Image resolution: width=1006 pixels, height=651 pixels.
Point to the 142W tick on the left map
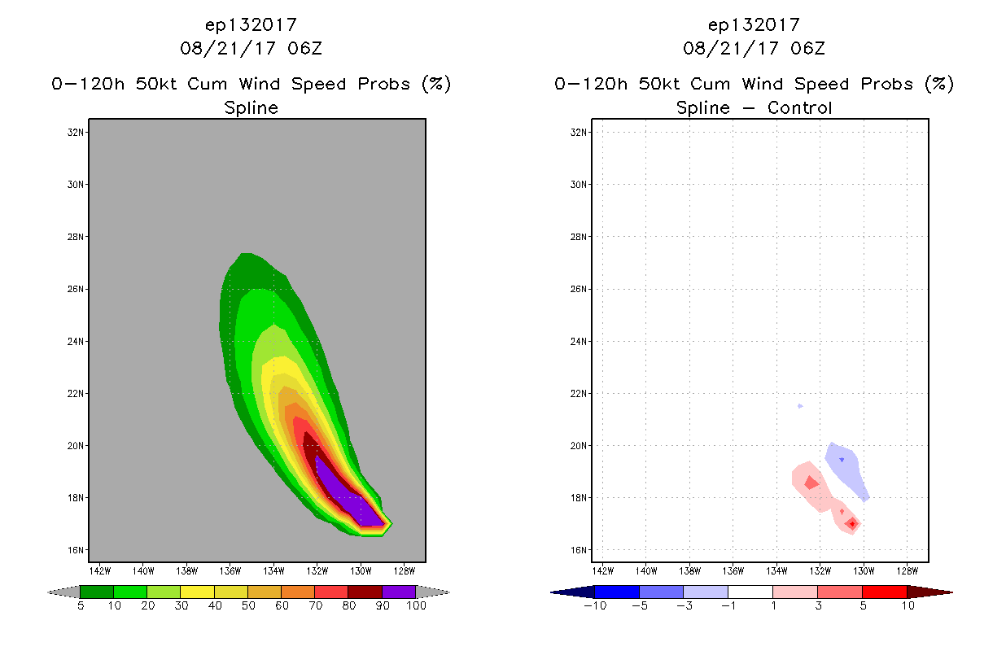(x=100, y=569)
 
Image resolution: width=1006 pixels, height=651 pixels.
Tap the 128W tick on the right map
(x=907, y=569)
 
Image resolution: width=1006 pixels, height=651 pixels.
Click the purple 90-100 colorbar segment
(x=399, y=592)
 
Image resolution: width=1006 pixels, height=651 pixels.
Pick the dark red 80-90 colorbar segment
(x=365, y=592)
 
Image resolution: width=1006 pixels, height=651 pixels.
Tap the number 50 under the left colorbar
(x=247, y=605)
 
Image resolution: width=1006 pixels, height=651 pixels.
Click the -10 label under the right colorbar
(x=594, y=605)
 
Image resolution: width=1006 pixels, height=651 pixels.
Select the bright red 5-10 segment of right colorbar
(x=884, y=592)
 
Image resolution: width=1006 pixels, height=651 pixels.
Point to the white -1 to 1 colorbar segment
(x=750, y=592)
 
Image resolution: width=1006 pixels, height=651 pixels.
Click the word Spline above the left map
(x=251, y=107)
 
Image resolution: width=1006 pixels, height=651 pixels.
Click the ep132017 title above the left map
(x=251, y=24)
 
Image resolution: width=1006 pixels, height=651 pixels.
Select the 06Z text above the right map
(x=807, y=48)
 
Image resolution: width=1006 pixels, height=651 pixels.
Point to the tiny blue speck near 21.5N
(x=800, y=405)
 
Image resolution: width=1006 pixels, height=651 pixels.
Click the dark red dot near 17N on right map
(x=851, y=523)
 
